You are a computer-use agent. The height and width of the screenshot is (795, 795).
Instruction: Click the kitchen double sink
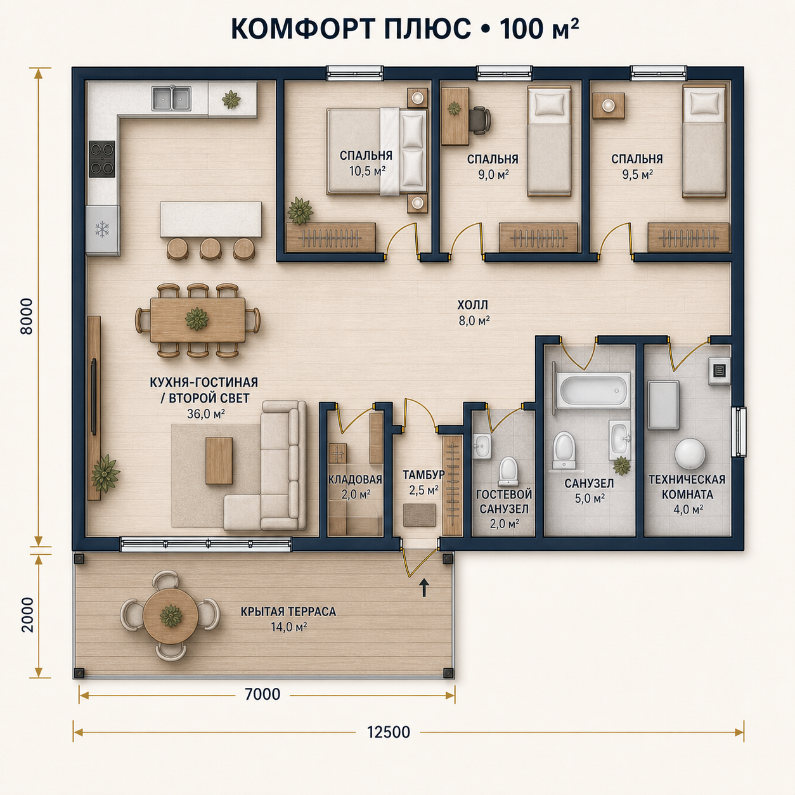[x=171, y=98]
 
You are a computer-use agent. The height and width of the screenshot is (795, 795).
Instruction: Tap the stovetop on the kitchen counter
[x=102, y=159]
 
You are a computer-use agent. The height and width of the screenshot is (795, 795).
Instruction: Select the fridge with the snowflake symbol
[x=102, y=229]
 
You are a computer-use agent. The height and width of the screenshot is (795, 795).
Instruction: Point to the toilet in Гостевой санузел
[x=508, y=471]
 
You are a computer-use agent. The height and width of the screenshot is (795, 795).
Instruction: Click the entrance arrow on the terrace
[x=423, y=588]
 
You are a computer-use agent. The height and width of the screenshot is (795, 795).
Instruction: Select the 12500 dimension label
[x=388, y=744]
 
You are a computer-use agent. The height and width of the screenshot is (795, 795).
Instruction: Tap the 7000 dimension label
[x=262, y=694]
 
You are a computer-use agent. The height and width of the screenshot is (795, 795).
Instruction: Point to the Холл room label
[x=472, y=306]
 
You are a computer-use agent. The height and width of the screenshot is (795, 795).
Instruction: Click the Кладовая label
[x=355, y=479]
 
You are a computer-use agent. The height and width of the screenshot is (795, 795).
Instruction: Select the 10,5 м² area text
[x=367, y=171]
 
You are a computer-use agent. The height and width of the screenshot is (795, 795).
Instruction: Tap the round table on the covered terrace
[x=171, y=616]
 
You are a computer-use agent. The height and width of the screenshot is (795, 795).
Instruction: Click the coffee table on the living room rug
[x=219, y=460]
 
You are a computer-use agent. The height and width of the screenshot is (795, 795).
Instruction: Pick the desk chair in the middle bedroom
[x=481, y=120]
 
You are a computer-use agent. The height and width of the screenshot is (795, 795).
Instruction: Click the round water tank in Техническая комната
[x=690, y=454]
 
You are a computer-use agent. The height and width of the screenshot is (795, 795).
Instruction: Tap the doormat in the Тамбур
[x=419, y=515]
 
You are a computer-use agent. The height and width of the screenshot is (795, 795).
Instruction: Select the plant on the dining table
[x=197, y=318]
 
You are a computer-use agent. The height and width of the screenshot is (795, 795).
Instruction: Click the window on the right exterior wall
[x=739, y=432]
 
